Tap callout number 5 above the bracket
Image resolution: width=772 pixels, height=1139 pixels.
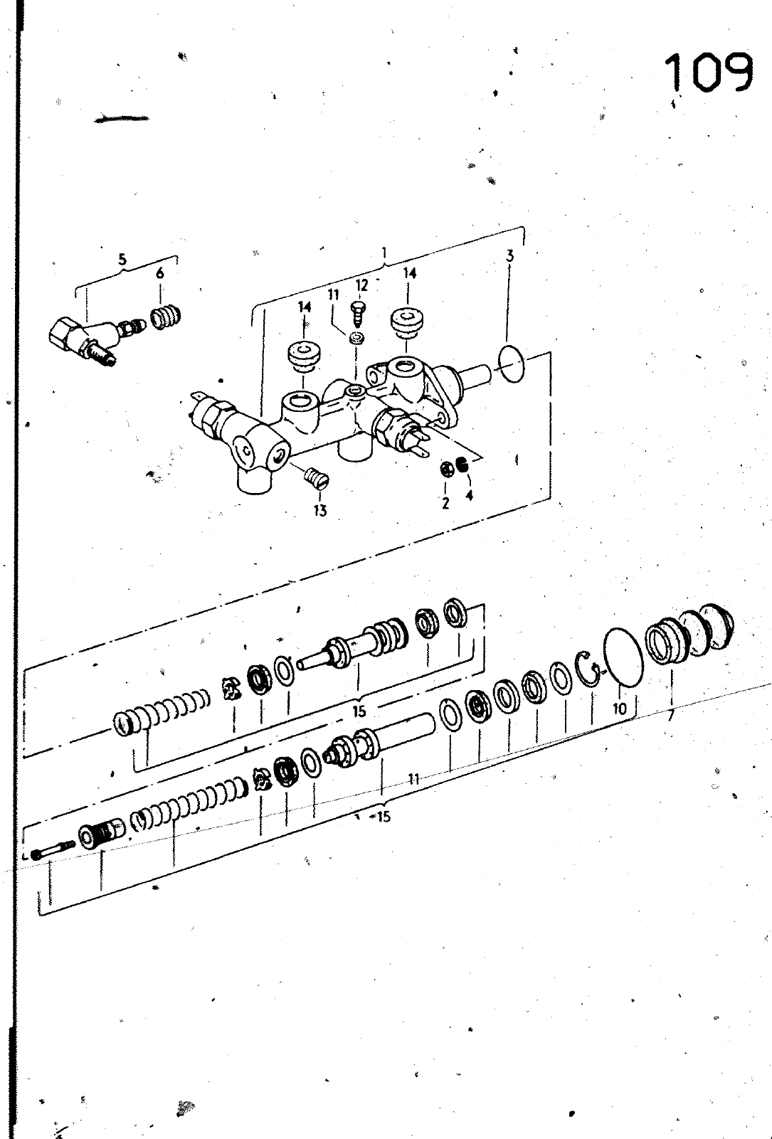click(122, 260)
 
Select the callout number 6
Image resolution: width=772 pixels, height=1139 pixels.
click(160, 273)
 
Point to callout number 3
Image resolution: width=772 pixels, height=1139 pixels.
click(510, 255)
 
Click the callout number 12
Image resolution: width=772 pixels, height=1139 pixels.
click(361, 285)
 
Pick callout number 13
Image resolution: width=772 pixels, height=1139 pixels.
click(320, 511)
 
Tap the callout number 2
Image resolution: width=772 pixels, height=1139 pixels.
click(446, 503)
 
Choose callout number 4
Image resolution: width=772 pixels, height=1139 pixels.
click(470, 494)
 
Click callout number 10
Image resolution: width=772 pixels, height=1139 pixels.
click(620, 709)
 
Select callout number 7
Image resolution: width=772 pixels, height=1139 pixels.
click(671, 716)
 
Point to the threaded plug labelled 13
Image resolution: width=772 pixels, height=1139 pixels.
click(317, 478)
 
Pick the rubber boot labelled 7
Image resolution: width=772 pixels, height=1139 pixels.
click(689, 635)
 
